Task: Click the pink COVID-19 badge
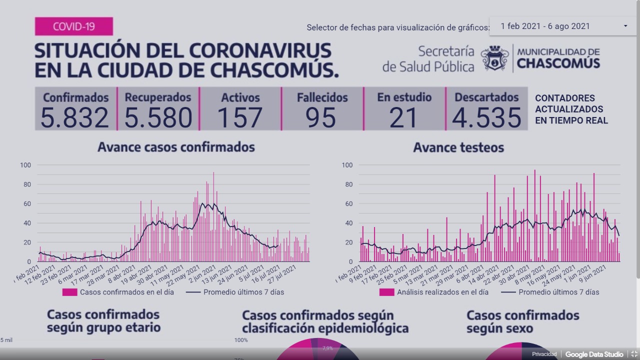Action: (x=73, y=26)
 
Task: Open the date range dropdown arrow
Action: (x=625, y=26)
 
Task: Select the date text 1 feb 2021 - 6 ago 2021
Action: (x=545, y=26)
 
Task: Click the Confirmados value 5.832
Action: (x=74, y=118)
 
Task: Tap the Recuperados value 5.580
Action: (x=158, y=118)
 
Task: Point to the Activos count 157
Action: (x=240, y=118)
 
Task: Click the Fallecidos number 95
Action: (x=321, y=118)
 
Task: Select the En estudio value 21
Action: (x=403, y=118)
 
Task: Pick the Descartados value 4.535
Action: (x=486, y=118)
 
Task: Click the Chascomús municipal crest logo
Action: (x=494, y=58)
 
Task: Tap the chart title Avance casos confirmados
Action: (x=176, y=147)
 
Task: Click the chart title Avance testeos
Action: (x=458, y=147)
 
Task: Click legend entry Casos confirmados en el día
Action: (x=126, y=292)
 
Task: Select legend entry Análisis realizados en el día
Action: (x=442, y=292)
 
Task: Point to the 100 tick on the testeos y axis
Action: (x=347, y=165)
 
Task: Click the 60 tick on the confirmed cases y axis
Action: (x=25, y=204)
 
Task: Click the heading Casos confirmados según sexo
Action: (x=522, y=322)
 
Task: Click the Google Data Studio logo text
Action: (x=594, y=354)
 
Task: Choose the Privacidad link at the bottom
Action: (x=544, y=354)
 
